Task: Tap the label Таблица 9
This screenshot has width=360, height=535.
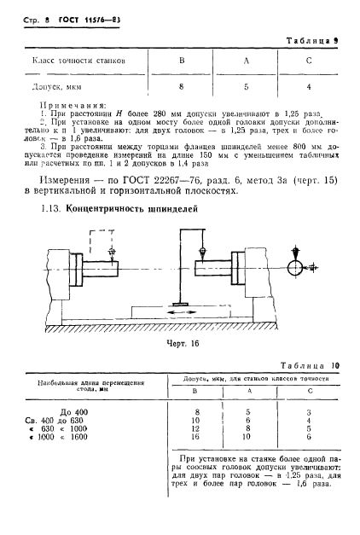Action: coord(306,40)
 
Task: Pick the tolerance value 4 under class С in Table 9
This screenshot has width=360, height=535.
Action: coord(308,86)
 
